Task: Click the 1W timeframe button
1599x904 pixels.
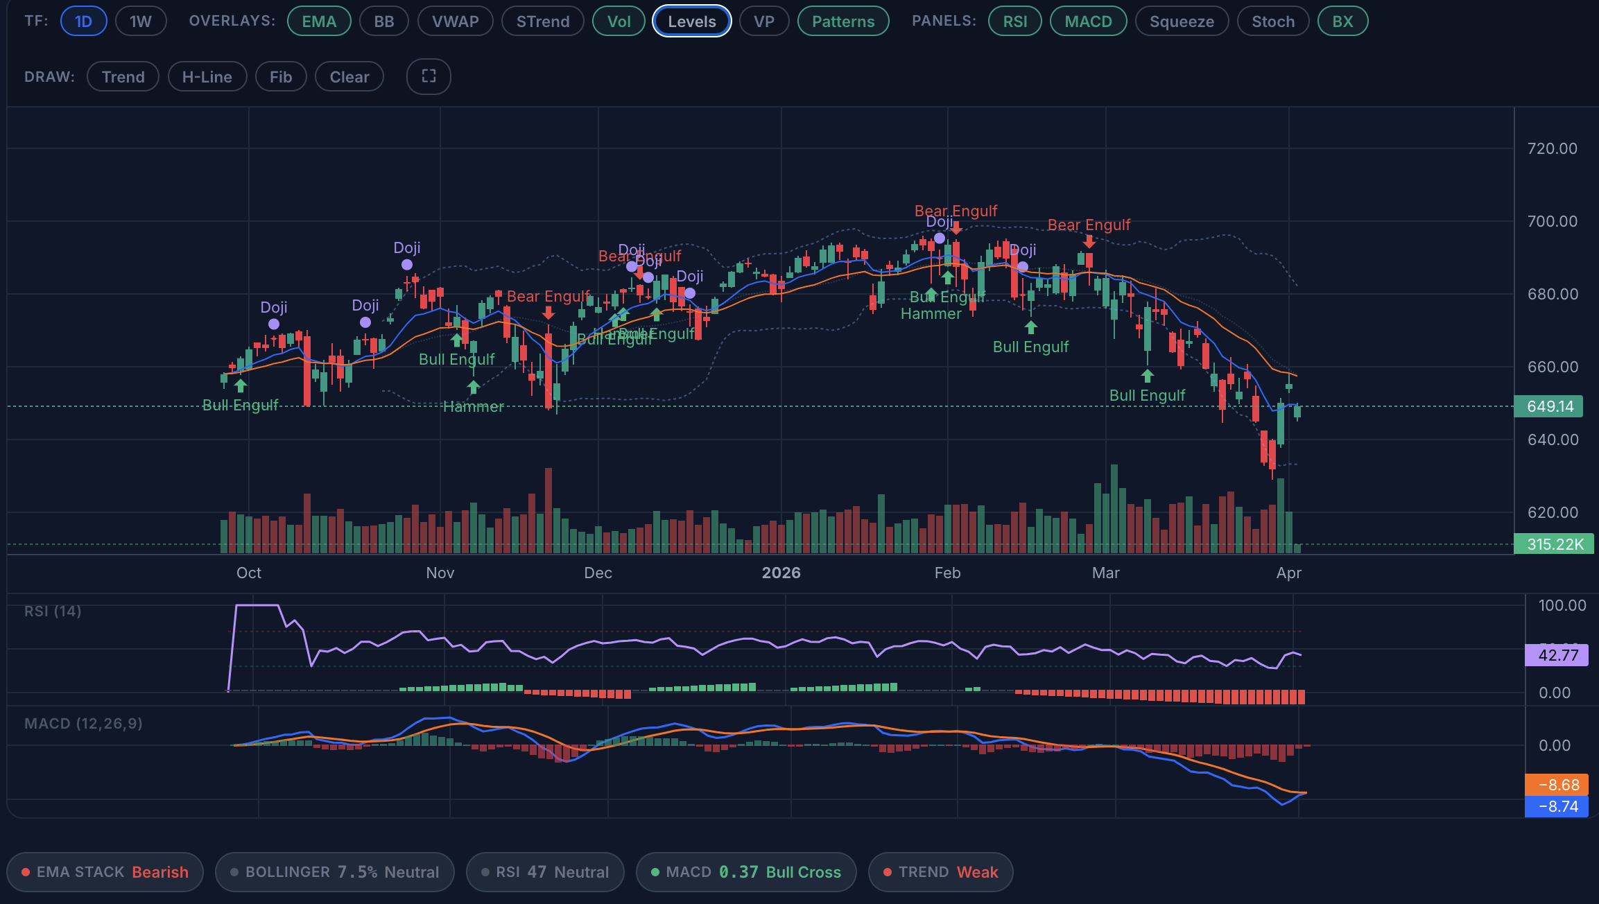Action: tap(141, 21)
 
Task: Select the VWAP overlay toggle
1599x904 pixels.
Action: tap(455, 21)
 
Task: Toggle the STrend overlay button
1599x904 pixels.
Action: tap(543, 21)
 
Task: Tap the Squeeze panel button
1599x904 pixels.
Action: tap(1182, 21)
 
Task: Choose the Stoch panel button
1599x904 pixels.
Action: tap(1273, 21)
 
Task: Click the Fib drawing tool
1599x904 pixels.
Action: tap(281, 77)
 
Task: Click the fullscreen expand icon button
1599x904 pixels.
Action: tap(429, 76)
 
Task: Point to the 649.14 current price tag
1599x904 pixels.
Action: tap(1549, 406)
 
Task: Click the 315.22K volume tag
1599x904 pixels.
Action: tap(1554, 544)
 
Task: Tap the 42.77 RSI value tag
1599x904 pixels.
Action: tap(1557, 655)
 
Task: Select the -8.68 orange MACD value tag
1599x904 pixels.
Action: tap(1557, 785)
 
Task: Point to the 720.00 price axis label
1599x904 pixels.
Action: tap(1552, 148)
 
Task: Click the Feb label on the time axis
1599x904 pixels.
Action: tap(947, 573)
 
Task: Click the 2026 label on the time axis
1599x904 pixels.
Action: tap(781, 573)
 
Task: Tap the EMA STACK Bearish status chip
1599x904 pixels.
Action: tap(105, 872)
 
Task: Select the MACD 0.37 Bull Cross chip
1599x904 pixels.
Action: tap(746, 872)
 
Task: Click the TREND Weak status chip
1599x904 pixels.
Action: tap(940, 872)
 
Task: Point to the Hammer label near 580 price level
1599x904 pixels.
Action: tap(474, 407)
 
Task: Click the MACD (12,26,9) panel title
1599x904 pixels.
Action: tap(83, 724)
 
